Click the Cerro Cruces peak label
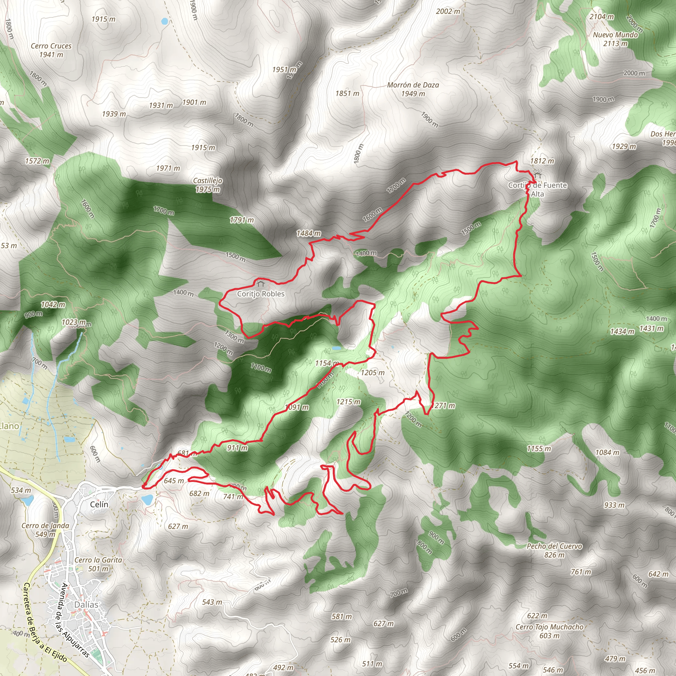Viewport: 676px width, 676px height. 51,46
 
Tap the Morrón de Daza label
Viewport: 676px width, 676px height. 413,85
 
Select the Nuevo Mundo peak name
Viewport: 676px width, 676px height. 615,35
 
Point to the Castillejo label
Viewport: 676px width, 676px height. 208,181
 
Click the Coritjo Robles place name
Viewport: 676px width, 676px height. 261,294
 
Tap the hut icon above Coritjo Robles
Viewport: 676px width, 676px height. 260,284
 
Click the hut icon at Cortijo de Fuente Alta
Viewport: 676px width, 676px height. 537,174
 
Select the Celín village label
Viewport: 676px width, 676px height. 99,504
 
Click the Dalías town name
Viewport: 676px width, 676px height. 86,605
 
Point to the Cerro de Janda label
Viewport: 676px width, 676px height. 46,525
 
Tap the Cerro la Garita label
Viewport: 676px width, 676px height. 98,560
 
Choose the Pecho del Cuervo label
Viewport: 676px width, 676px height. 555,546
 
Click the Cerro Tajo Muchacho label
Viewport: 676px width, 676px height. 549,627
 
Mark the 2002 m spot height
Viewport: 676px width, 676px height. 448,12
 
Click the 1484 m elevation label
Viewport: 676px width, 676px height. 308,233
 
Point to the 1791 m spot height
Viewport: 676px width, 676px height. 241,220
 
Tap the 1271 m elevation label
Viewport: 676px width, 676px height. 443,406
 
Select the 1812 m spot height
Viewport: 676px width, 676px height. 542,161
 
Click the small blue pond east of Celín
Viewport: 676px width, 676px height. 147,499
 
